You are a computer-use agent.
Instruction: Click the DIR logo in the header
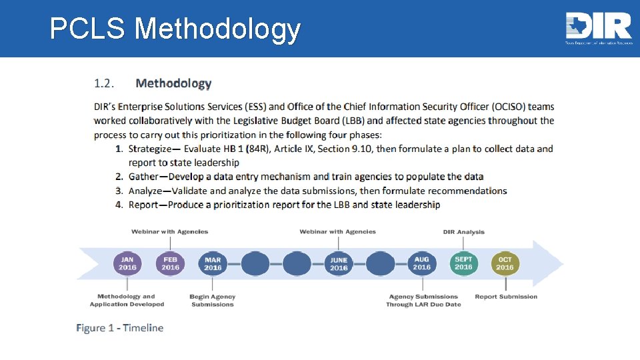(x=598, y=28)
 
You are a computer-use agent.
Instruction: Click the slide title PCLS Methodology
(x=175, y=29)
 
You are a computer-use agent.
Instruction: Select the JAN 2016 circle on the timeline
(x=127, y=263)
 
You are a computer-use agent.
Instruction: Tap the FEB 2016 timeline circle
(x=170, y=263)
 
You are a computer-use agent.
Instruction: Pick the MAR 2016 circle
(x=213, y=264)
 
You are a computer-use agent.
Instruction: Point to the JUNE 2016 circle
(x=339, y=264)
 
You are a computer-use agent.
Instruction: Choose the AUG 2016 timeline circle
(x=421, y=263)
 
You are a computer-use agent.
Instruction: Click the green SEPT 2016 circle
(x=463, y=263)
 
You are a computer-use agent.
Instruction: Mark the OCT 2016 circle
(x=505, y=264)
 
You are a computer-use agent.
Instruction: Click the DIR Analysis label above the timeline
(x=463, y=232)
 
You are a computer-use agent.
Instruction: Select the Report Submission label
(x=506, y=297)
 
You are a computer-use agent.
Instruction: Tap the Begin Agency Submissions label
(x=213, y=301)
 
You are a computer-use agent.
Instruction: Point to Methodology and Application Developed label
(x=127, y=301)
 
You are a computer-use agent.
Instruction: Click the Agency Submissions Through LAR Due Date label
(x=423, y=301)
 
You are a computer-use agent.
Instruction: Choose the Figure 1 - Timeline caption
(x=120, y=328)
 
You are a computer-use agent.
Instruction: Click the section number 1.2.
(x=104, y=83)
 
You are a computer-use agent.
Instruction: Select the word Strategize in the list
(x=153, y=149)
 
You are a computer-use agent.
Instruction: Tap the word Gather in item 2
(x=143, y=177)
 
